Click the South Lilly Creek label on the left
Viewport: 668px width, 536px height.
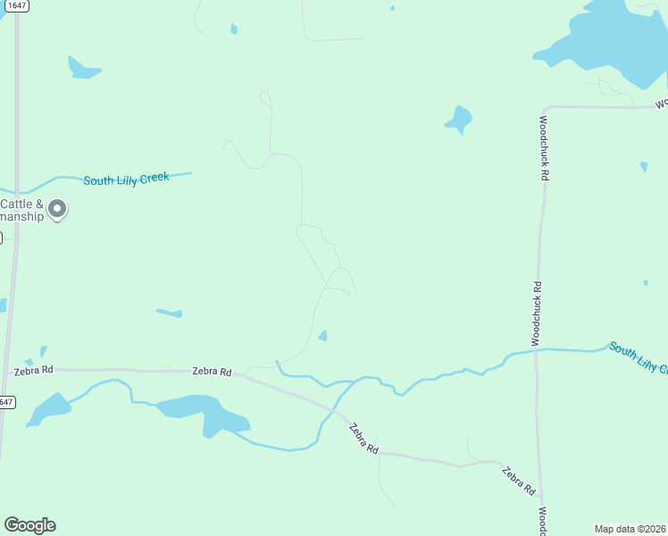(126, 179)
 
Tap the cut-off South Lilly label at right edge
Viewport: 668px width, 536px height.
(638, 356)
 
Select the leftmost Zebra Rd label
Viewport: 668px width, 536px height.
(34, 369)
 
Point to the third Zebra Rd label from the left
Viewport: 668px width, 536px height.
(363, 439)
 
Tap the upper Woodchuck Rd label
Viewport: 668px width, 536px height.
(543, 147)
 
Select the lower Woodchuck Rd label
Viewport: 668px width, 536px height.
(536, 314)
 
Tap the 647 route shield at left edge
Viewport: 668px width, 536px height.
(6, 402)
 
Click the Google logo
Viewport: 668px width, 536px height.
(29, 525)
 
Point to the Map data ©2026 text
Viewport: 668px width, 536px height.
(630, 528)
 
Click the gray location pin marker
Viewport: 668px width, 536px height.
(57, 210)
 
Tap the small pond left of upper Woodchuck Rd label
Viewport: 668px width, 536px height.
(459, 119)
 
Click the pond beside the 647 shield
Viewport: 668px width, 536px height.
(49, 408)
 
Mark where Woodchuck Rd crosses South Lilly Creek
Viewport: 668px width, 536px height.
(536, 350)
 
